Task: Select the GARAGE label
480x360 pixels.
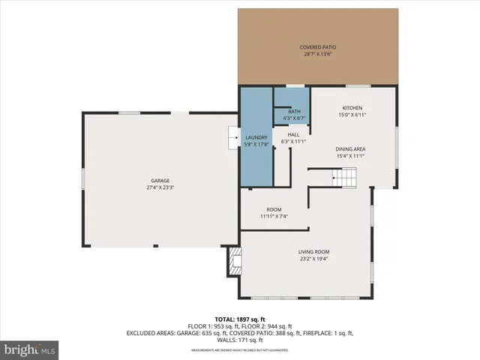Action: pyautogui.click(x=160, y=181)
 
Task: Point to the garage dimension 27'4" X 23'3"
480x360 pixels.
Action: pyautogui.click(x=160, y=188)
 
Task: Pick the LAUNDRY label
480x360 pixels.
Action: pyautogui.click(x=256, y=137)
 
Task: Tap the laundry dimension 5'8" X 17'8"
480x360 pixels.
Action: pyautogui.click(x=256, y=144)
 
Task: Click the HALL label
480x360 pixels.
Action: pyautogui.click(x=294, y=134)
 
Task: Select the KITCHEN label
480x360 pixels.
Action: pyautogui.click(x=352, y=108)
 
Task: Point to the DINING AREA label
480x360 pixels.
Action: pyautogui.click(x=350, y=148)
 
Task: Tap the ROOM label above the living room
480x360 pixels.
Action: pyautogui.click(x=274, y=209)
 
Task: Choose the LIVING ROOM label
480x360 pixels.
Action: pyautogui.click(x=314, y=252)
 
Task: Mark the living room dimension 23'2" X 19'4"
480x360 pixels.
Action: pyautogui.click(x=314, y=259)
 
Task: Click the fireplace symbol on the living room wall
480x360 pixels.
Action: pyautogui.click(x=234, y=262)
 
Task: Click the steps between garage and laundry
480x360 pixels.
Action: pyautogui.click(x=233, y=138)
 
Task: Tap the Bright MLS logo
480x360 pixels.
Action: pyautogui.click(x=30, y=349)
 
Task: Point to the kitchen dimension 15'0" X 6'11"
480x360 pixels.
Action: pyautogui.click(x=352, y=115)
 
